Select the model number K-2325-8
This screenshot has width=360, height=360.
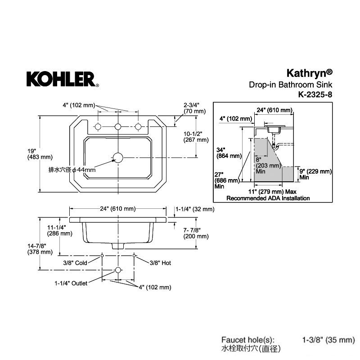tap(315, 94)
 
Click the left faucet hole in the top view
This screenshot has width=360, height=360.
tap(98, 126)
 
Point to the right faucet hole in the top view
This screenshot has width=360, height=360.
tap(138, 126)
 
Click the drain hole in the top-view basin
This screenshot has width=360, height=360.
tap(118, 158)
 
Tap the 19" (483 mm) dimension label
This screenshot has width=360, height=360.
tap(40, 154)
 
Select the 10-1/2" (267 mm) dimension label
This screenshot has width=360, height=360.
tap(196, 137)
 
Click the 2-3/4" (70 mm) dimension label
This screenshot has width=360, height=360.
tap(194, 108)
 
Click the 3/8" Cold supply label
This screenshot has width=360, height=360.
tap(75, 263)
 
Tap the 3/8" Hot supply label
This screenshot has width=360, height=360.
tap(160, 263)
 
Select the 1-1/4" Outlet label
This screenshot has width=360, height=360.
tap(71, 283)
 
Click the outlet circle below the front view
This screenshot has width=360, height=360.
tap(118, 270)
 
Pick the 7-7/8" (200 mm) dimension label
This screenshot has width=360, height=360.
tap(196, 233)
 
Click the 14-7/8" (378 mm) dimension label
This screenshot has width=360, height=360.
tap(40, 249)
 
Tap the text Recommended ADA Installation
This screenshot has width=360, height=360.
tap(268, 198)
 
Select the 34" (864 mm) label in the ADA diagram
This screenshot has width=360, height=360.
tap(229, 153)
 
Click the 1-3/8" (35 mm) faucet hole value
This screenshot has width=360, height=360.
tap(328, 340)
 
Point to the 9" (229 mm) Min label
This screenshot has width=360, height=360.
tap(315, 174)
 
